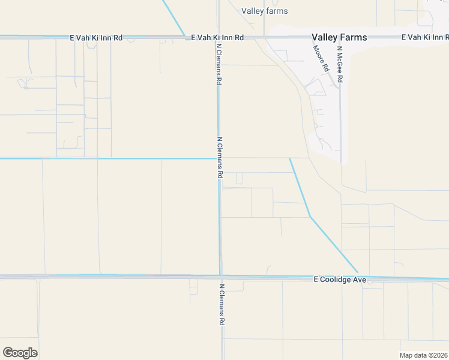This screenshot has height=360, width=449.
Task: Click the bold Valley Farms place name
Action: coord(339,37)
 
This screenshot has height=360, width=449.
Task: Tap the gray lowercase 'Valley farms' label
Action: coord(264,11)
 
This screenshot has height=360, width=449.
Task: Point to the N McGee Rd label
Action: coord(339,64)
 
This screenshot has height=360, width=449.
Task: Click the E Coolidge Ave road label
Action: coord(340,280)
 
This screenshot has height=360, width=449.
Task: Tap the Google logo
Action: coord(20,353)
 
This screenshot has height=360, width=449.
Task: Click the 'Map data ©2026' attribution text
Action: coord(424,355)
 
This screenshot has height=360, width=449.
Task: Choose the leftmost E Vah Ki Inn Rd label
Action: coord(96,37)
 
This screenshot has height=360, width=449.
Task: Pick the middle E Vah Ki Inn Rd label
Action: coord(217,37)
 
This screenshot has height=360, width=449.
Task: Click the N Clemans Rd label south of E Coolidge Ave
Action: coord(221,304)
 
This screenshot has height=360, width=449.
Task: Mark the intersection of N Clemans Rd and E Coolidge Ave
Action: coord(221,277)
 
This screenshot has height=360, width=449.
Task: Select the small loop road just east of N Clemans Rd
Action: coord(240,179)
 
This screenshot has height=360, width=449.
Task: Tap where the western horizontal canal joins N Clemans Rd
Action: coord(218,159)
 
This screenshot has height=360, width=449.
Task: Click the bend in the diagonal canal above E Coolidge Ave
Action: coord(310,216)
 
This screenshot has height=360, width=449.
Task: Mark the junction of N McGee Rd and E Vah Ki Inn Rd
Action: coord(340,37)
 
